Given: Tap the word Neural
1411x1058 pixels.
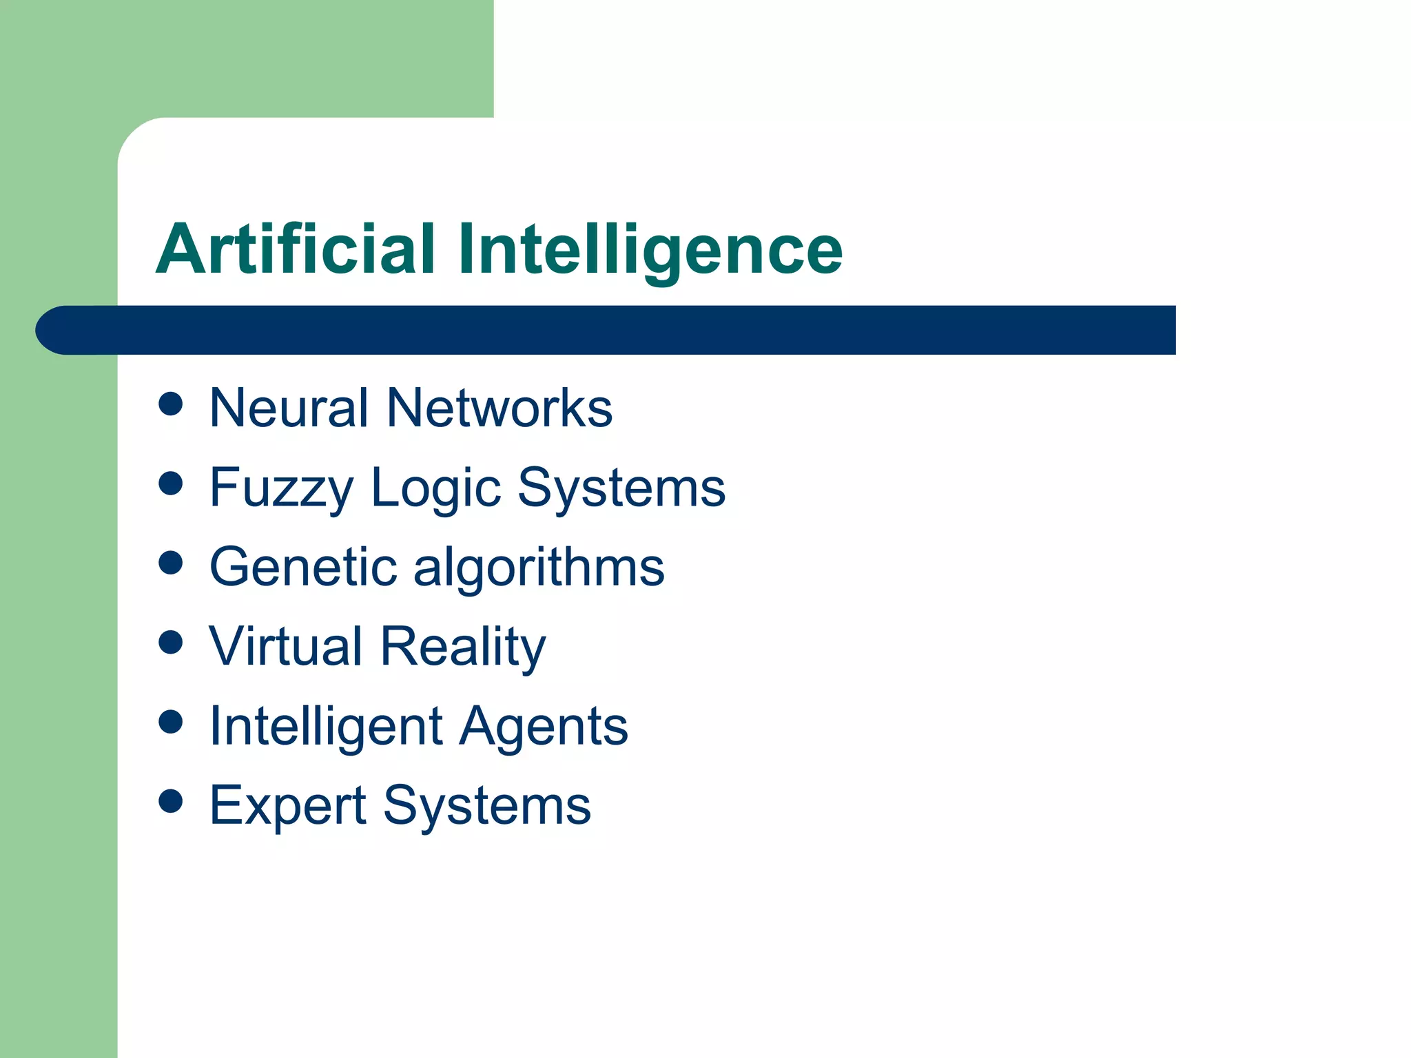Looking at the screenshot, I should coord(289,408).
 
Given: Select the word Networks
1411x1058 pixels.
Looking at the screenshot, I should coord(499,408).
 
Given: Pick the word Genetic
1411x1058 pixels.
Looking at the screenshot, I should coord(303,567).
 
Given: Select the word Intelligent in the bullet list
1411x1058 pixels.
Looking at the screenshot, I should coord(326,727).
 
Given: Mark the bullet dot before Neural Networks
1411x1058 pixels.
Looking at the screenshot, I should coord(170,404).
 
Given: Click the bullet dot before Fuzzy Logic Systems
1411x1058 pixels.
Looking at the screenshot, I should coord(170,484).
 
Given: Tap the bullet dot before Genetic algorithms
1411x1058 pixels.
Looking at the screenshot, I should coord(170,563).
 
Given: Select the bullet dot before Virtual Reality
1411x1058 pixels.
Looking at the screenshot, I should coord(170,643).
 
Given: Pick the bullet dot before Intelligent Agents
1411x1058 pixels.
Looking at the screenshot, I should coord(170,722).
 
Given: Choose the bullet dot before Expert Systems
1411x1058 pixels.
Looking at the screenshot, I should coord(170,801).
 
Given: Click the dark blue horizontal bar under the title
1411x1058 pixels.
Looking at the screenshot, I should coord(606,330).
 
